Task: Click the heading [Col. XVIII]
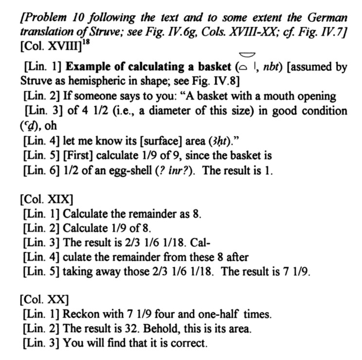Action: coord(46,48)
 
